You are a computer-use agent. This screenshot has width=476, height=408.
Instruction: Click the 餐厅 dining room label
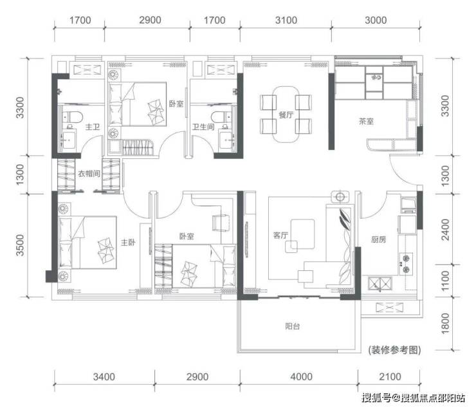click(x=286, y=115)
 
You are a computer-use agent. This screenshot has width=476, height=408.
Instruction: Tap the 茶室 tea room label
click(x=366, y=122)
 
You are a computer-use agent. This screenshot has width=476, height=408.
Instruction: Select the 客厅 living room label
click(x=280, y=236)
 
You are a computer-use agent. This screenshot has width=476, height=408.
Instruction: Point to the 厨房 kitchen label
click(x=378, y=239)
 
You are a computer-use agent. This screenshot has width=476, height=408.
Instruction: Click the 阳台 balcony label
click(x=292, y=326)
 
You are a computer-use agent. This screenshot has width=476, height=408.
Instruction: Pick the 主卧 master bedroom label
click(x=128, y=242)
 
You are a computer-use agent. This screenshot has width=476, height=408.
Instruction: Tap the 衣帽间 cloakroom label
click(x=89, y=174)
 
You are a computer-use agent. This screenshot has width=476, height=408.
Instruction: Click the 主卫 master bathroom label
click(x=92, y=127)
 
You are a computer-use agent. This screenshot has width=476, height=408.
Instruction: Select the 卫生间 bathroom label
click(x=203, y=127)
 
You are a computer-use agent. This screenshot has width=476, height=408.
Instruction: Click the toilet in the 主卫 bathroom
click(x=73, y=117)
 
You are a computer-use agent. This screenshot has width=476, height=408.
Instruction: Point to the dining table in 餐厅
click(x=286, y=115)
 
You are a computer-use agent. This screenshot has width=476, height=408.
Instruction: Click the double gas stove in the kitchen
click(x=406, y=264)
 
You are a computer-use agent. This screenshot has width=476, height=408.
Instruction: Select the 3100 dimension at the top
click(x=286, y=21)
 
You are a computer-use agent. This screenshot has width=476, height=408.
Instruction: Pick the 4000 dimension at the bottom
click(x=301, y=377)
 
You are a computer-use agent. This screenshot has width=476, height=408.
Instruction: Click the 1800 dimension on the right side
click(x=444, y=322)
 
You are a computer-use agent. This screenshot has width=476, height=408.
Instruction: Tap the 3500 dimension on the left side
click(x=20, y=245)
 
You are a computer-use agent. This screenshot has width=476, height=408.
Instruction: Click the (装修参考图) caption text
click(x=395, y=350)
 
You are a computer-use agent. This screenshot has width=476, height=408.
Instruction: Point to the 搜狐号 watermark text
click(x=376, y=397)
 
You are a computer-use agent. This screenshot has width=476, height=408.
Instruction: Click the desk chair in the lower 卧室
click(x=221, y=223)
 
